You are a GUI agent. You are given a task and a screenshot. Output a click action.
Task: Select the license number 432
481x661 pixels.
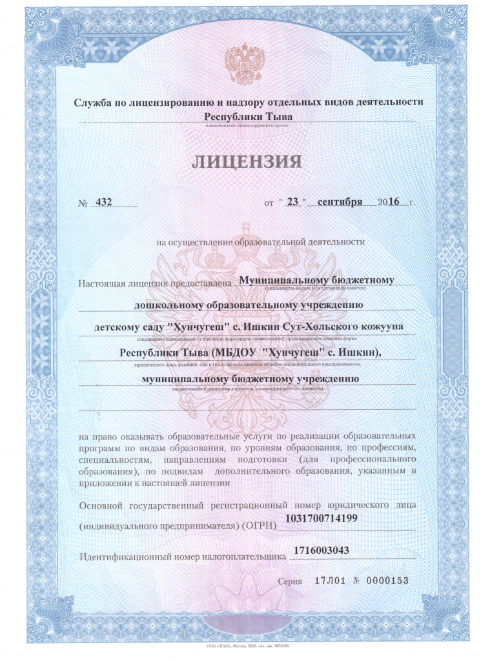(103, 201)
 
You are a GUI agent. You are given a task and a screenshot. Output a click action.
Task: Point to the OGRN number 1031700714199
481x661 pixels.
(326, 518)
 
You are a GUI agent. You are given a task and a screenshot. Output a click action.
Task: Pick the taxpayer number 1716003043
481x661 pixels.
(321, 551)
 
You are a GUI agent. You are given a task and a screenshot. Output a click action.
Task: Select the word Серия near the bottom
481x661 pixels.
(290, 581)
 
